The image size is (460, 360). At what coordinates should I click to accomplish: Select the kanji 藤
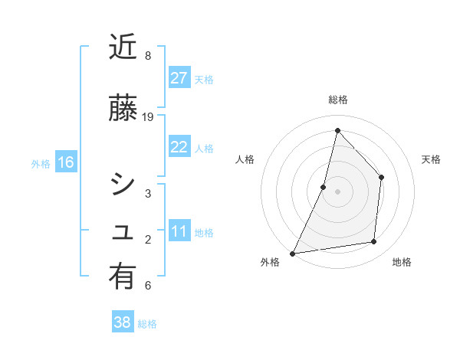[x=123, y=108]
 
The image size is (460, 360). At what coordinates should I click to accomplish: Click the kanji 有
[x=123, y=277]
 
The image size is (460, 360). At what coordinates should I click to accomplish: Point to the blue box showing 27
[x=179, y=78]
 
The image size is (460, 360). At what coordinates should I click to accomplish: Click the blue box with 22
[x=179, y=148]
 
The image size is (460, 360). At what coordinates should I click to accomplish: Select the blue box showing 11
[x=179, y=232]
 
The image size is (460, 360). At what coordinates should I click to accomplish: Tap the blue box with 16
[x=65, y=162]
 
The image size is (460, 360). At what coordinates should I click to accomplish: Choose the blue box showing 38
[x=123, y=322]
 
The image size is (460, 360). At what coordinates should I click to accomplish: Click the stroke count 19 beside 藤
[x=148, y=117]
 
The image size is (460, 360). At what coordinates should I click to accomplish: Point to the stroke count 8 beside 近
[x=148, y=56]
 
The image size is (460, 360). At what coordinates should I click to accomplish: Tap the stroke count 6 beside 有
[x=148, y=286]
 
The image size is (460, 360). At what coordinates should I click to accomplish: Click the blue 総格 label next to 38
[x=147, y=324]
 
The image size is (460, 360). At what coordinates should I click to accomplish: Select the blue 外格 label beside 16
[x=41, y=164]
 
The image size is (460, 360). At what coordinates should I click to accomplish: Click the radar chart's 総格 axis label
[x=337, y=100]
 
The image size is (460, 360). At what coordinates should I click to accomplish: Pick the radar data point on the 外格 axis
[x=292, y=253]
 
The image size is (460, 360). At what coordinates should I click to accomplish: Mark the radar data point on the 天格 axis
[x=381, y=178]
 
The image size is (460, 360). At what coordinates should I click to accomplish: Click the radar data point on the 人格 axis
[x=324, y=187]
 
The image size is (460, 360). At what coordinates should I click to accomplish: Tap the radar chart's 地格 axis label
[x=402, y=262]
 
